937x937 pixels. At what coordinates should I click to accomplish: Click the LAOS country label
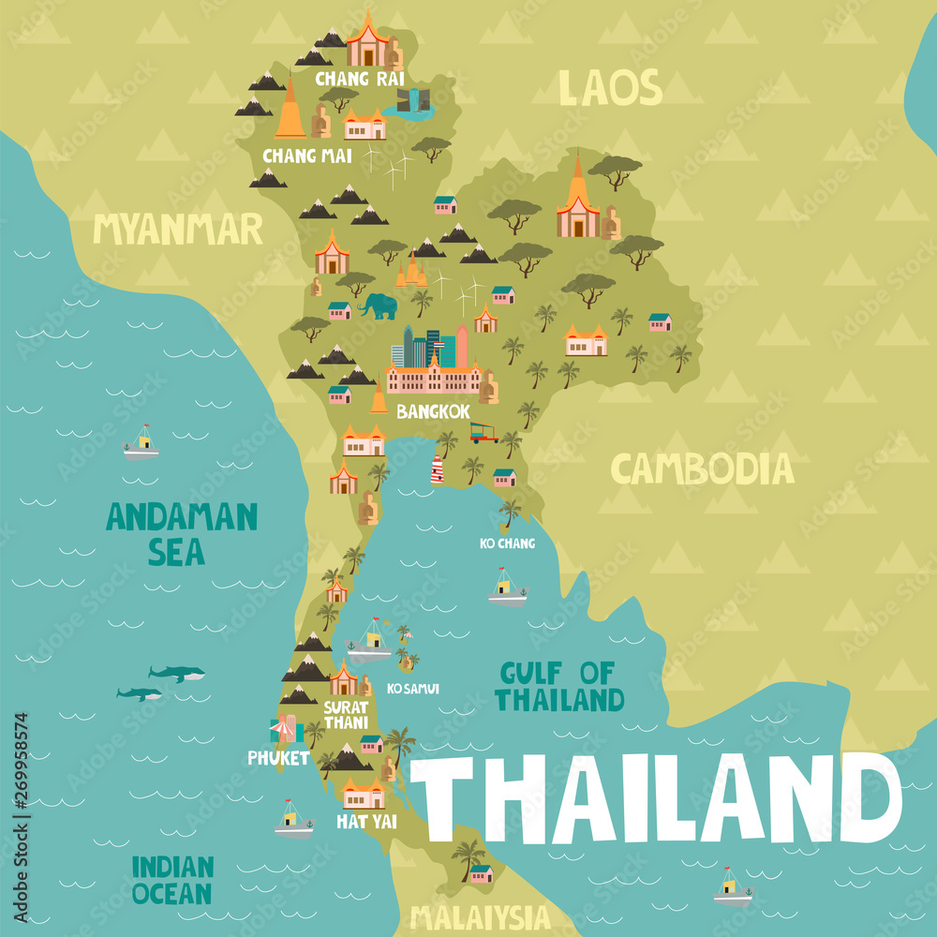click(x=610, y=88)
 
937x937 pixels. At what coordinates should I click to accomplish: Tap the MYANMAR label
click(x=178, y=228)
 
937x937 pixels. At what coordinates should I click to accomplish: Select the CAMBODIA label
click(x=702, y=468)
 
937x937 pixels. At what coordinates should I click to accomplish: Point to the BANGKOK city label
click(x=433, y=410)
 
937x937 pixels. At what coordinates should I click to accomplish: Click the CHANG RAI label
click(x=360, y=79)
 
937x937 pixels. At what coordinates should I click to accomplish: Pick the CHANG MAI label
click(x=307, y=156)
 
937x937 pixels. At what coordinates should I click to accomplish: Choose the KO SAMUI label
click(x=413, y=689)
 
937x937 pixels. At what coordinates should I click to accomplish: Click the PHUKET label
click(x=278, y=757)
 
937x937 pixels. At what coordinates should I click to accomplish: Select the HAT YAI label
click(x=366, y=822)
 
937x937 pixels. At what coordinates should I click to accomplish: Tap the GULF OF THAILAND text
click(x=558, y=686)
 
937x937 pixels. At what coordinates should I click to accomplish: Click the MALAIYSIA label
click(x=479, y=915)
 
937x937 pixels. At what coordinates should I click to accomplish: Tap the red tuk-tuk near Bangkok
click(x=483, y=432)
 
